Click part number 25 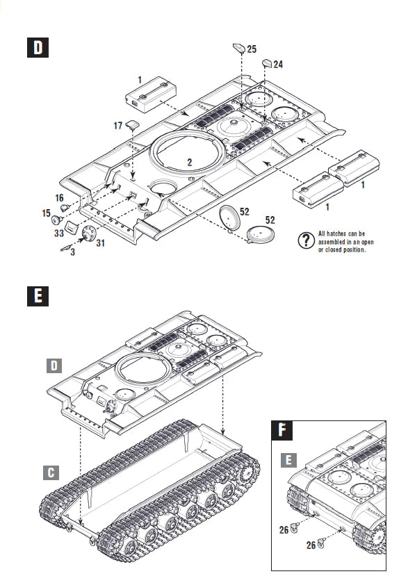coord(252,49)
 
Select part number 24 coord(278,64)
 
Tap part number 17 coord(118,126)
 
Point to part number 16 coord(59,198)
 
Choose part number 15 coord(46,212)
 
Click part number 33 coord(60,234)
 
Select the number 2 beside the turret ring coord(188,162)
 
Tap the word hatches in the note coord(341,233)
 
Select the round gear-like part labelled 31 coord(88,234)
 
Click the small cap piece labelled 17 coord(132,125)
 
